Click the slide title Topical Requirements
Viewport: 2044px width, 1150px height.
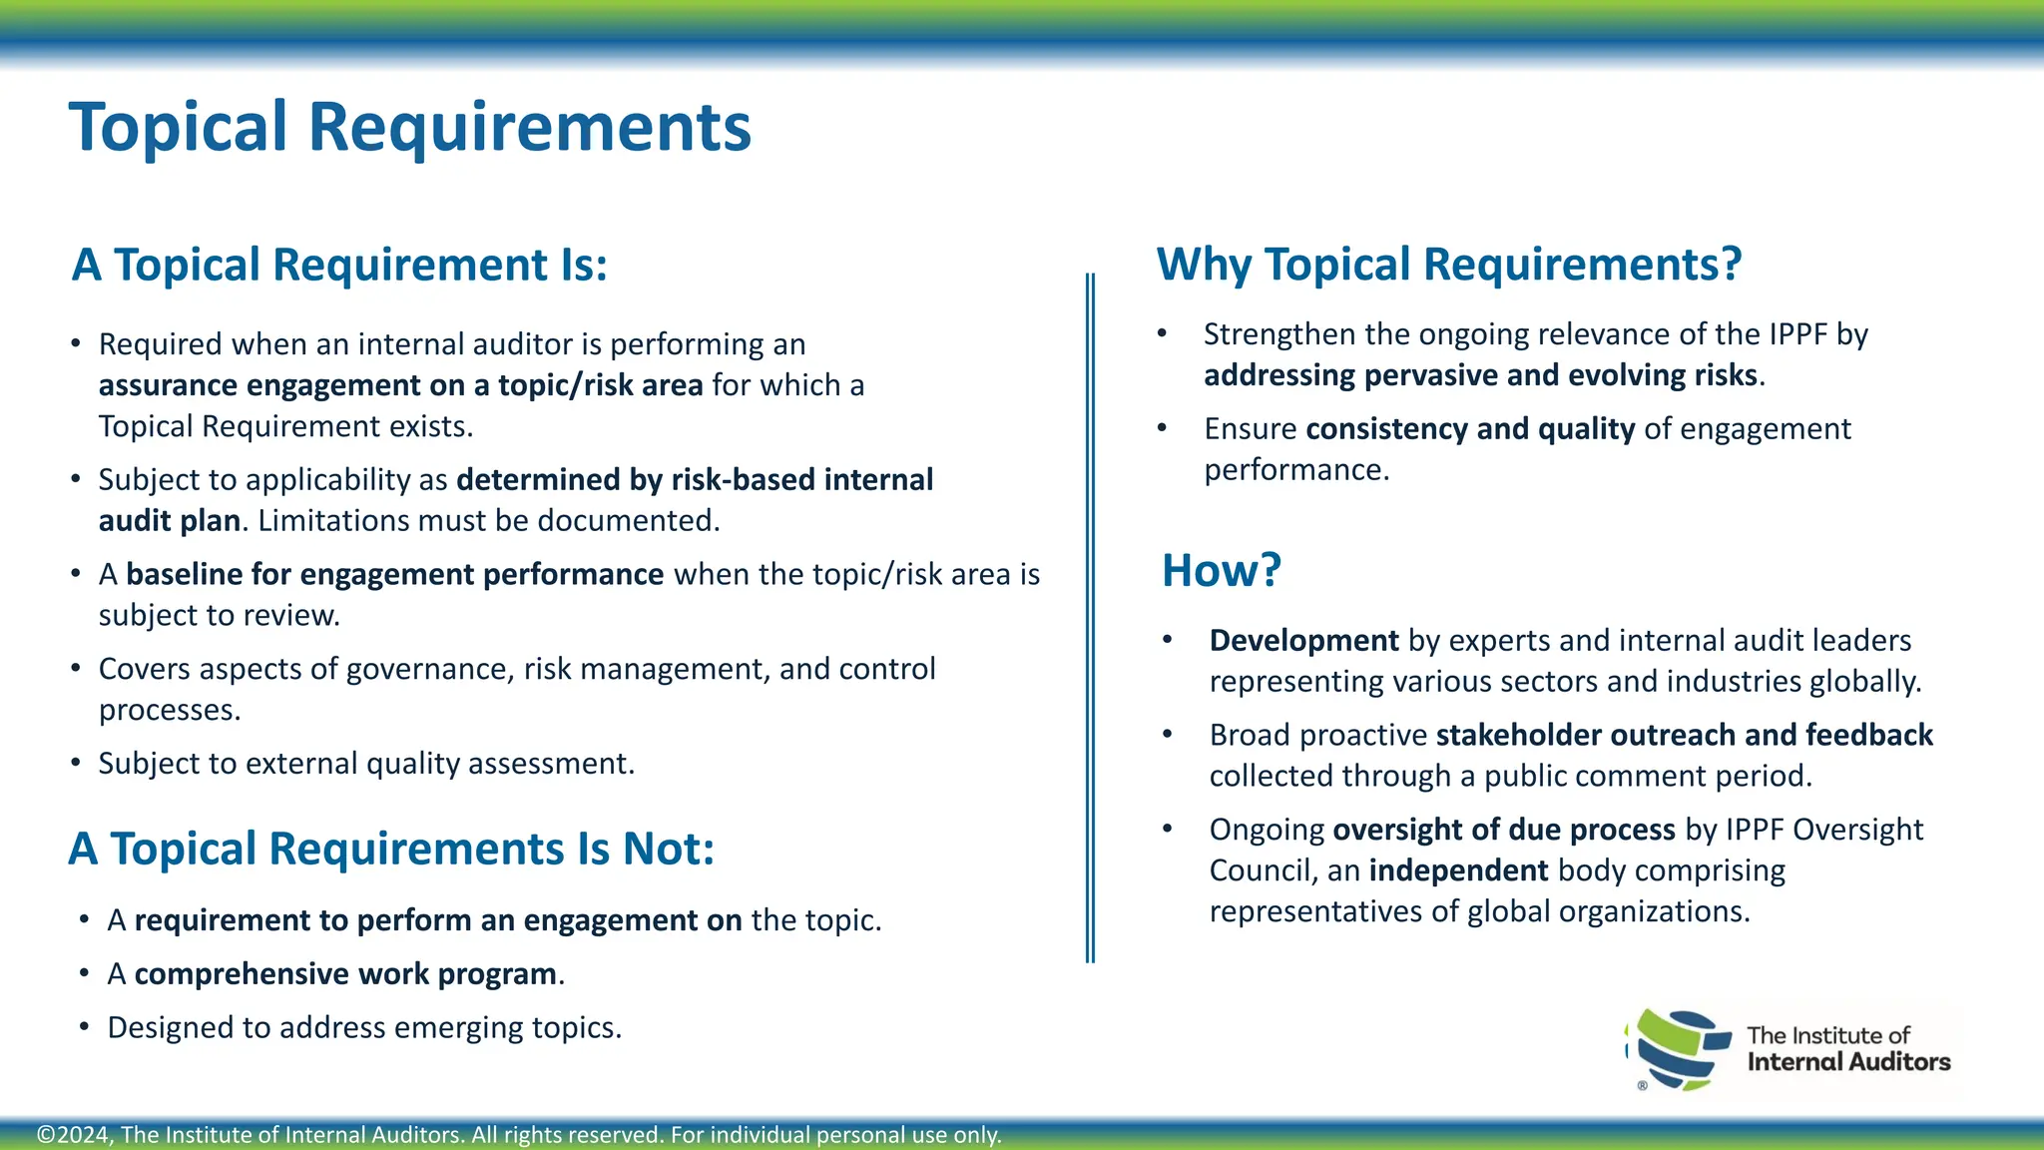click(409, 128)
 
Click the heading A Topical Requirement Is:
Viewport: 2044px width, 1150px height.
click(339, 266)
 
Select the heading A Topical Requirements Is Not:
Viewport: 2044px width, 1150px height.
click(391, 850)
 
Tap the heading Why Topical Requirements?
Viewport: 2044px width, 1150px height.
click(1448, 266)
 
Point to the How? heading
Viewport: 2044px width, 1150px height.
click(1221, 571)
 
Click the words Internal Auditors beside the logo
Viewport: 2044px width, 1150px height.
click(1848, 1062)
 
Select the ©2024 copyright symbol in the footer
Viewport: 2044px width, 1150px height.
click(46, 1135)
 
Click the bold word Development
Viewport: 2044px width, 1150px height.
click(1303, 641)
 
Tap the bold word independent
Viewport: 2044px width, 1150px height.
click(1458, 871)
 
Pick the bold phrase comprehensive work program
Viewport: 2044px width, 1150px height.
click(345, 974)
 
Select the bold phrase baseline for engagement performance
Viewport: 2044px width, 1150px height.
click(394, 575)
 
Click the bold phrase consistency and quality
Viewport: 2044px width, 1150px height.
click(1469, 429)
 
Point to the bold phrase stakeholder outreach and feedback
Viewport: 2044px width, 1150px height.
click(1684, 736)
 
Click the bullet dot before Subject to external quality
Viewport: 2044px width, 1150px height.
click(76, 764)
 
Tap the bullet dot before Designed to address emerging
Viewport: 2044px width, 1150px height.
click(85, 1028)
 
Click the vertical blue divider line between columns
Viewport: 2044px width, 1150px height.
click(1090, 619)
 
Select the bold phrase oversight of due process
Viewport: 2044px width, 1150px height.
click(1503, 831)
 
